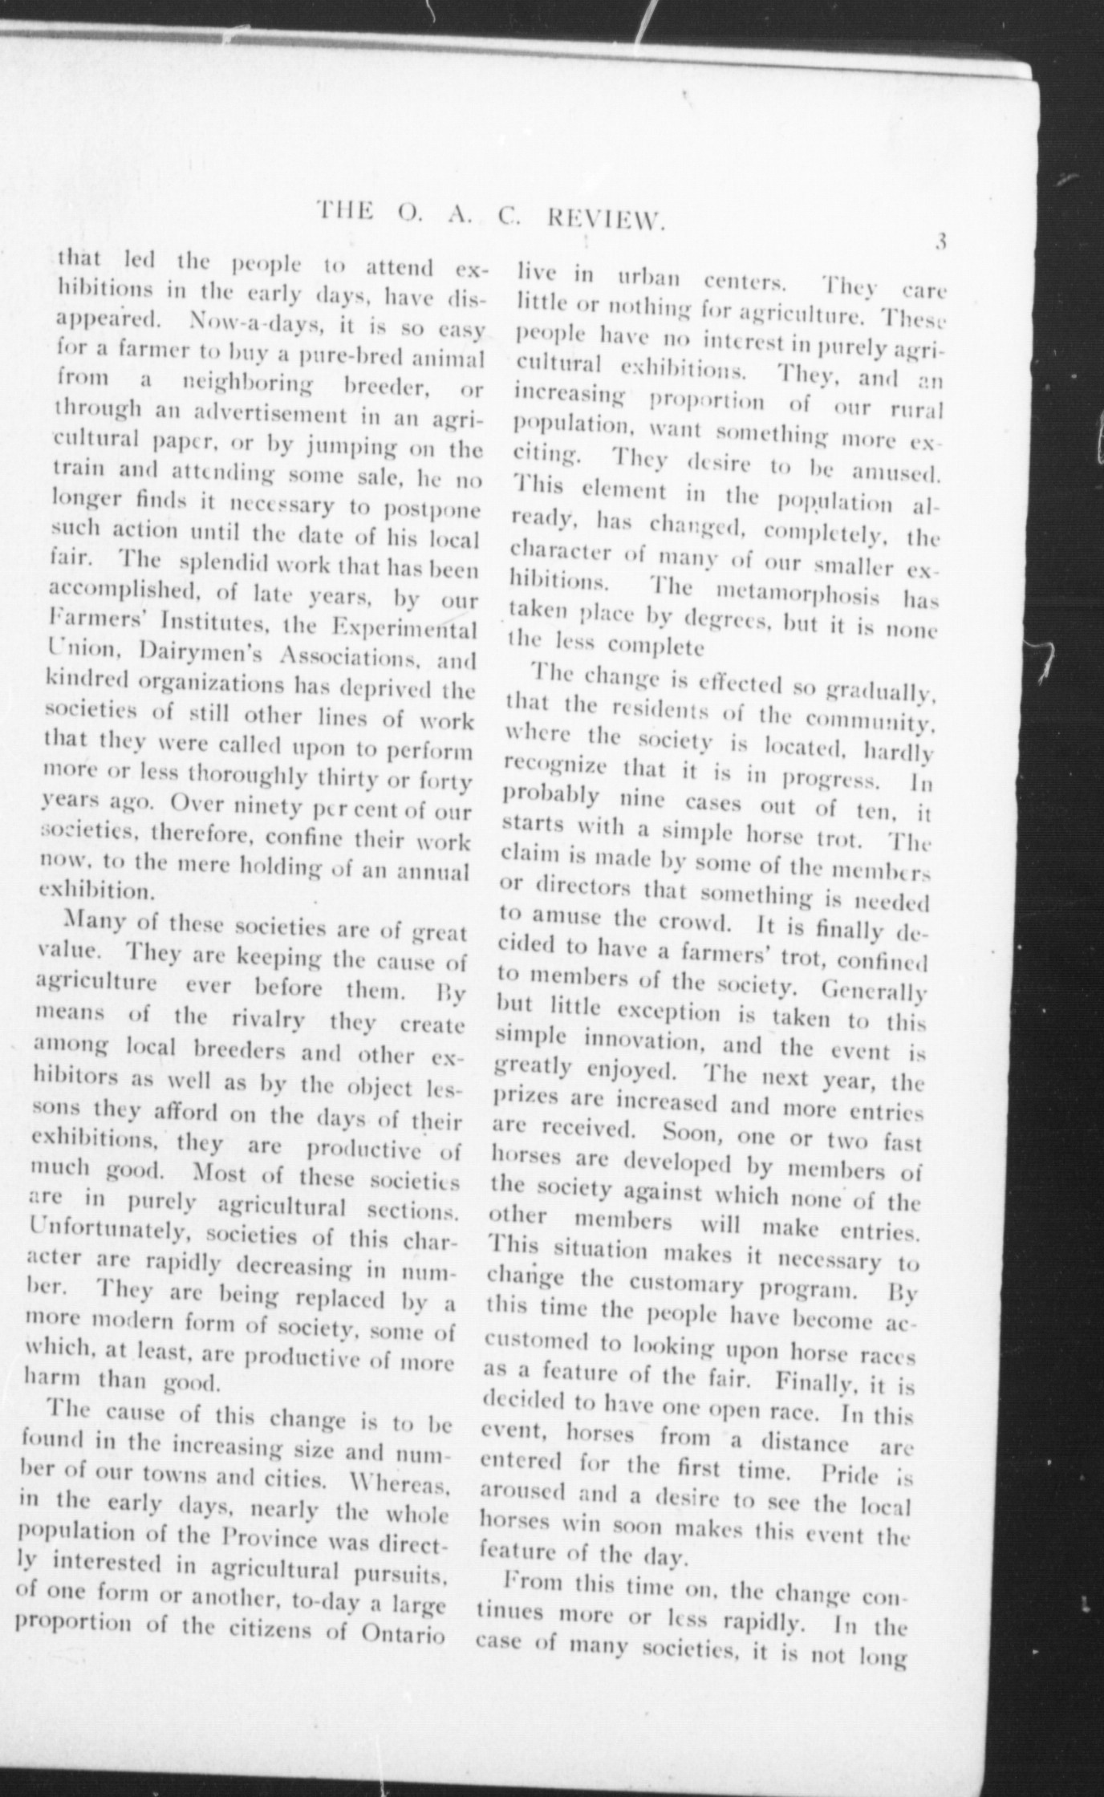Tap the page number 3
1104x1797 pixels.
[941, 241]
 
